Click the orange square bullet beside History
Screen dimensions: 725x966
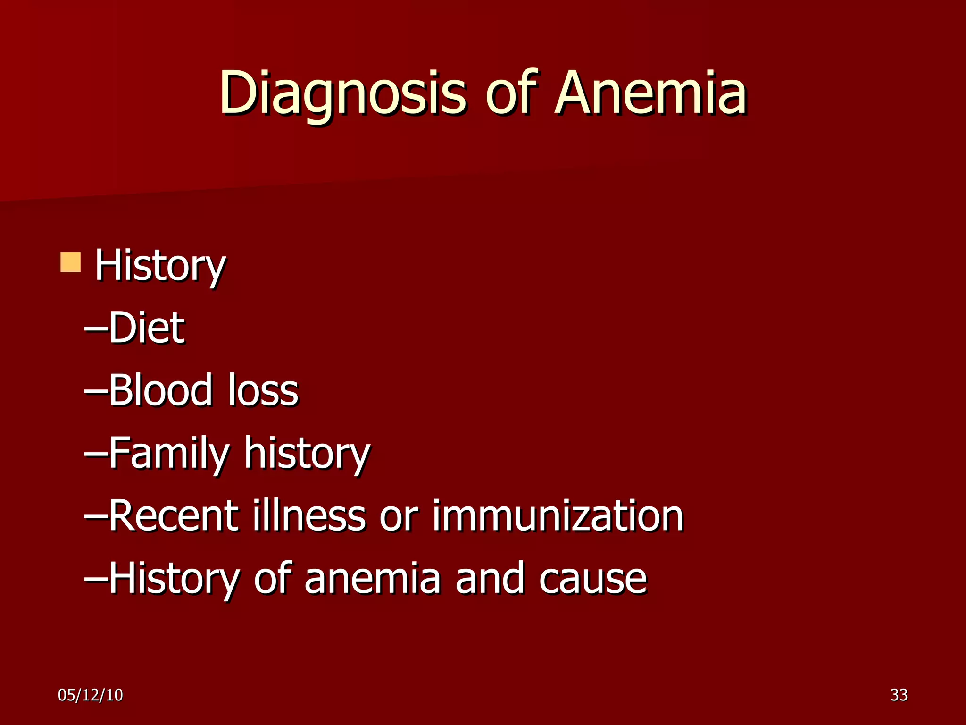coord(71,262)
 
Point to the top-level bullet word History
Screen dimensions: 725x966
coord(160,266)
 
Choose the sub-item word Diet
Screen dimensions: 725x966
coord(147,328)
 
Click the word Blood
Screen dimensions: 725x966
coord(161,390)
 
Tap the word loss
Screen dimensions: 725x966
coord(263,390)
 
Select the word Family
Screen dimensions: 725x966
coord(169,453)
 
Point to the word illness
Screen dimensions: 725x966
coord(309,515)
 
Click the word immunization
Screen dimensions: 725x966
coord(558,515)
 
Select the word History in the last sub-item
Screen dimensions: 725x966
coord(175,579)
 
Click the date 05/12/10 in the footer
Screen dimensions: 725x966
coord(90,695)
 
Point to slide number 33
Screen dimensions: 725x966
coord(899,695)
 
